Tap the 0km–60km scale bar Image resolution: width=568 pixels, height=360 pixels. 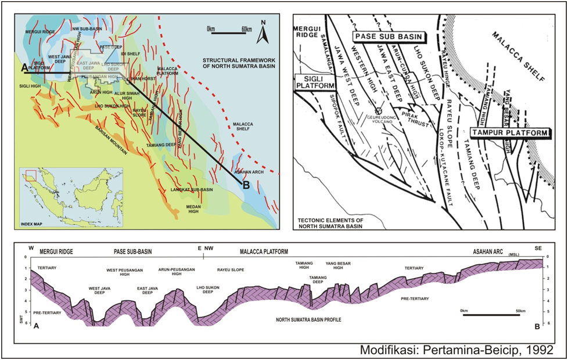228,33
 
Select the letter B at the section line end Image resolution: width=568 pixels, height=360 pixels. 246,185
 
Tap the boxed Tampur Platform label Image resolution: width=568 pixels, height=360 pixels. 510,133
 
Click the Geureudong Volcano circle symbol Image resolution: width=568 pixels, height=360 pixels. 379,110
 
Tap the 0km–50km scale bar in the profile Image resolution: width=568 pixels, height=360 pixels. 481,314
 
